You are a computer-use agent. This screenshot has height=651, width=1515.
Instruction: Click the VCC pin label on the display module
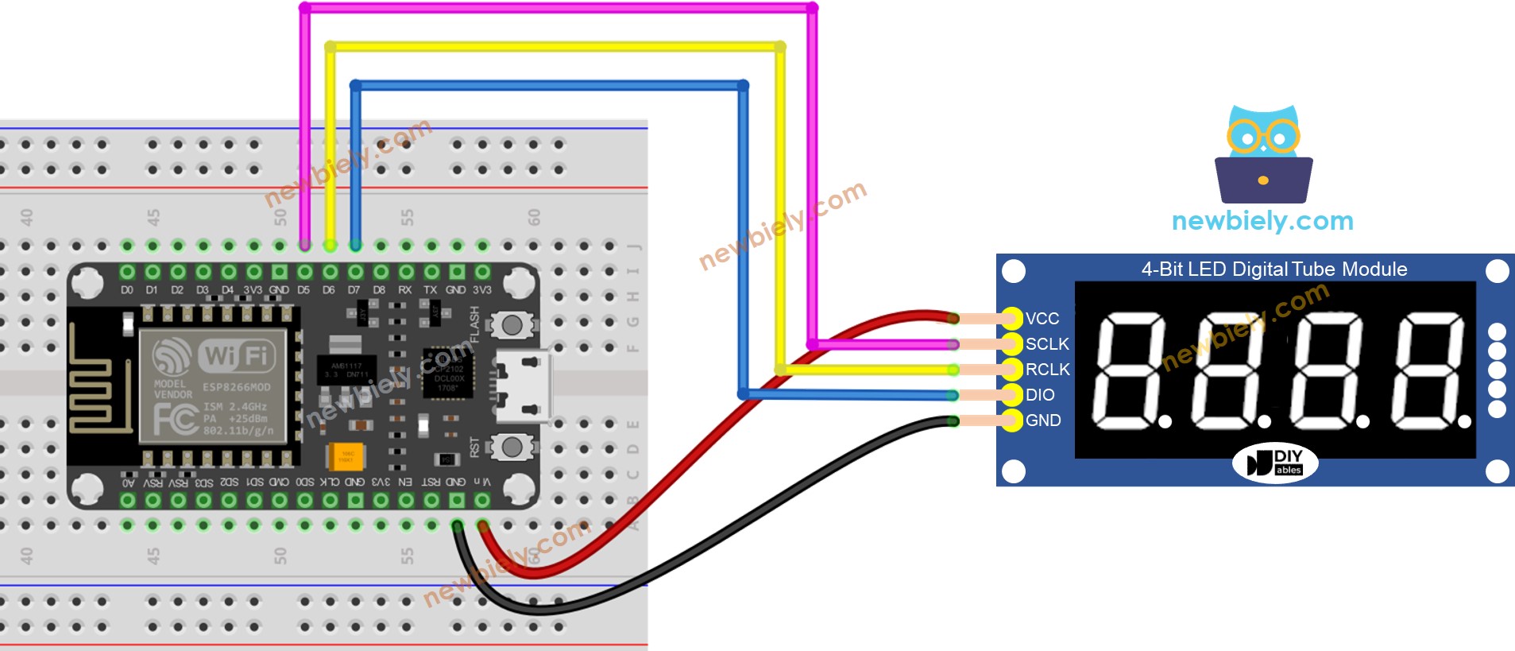tap(1042, 319)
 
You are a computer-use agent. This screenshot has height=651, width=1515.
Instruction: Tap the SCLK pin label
tap(1046, 344)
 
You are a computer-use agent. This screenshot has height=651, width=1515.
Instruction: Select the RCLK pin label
tap(1047, 370)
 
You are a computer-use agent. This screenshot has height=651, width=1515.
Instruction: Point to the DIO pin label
tap(1039, 395)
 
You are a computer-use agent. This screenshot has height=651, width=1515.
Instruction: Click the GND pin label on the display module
tap(1042, 420)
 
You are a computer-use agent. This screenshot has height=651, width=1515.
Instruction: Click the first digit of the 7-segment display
tap(1129, 370)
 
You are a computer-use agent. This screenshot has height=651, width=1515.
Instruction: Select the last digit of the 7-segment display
tap(1427, 370)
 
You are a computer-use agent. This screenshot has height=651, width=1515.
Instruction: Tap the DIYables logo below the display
tap(1274, 463)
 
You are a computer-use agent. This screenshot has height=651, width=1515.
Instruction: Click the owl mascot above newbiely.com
tap(1263, 154)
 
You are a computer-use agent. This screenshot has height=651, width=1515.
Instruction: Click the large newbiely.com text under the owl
tap(1262, 221)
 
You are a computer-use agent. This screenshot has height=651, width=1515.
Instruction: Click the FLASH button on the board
tap(512, 324)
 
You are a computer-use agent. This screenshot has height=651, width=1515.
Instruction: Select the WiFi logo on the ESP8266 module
tap(235, 355)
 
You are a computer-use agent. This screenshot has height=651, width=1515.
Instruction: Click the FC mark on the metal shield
tap(176, 419)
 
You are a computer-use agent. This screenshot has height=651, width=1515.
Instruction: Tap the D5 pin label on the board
tap(303, 290)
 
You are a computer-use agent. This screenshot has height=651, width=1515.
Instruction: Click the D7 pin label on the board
tap(354, 290)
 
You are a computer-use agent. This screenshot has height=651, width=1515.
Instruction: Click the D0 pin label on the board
tap(127, 290)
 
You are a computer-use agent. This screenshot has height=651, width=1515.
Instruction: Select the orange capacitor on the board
tap(346, 457)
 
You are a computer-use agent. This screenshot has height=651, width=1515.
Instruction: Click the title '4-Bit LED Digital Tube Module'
tap(1273, 269)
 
